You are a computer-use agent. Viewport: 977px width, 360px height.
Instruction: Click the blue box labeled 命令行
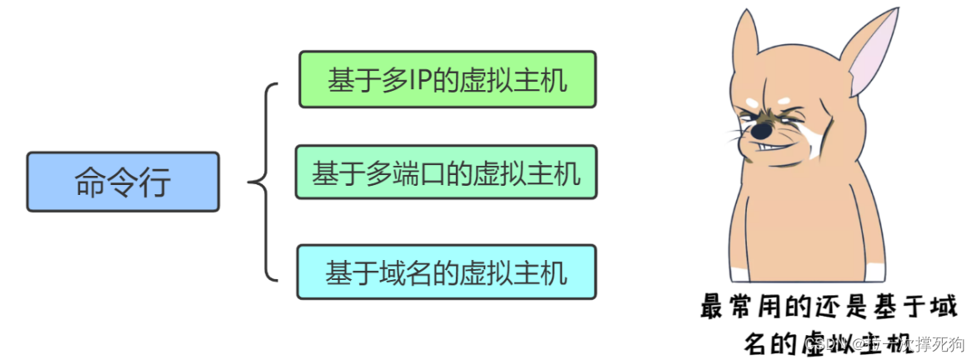tap(123, 182)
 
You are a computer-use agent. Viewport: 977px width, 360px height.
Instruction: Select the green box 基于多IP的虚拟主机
tap(447, 80)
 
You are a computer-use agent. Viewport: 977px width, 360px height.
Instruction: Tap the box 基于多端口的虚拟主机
tap(446, 172)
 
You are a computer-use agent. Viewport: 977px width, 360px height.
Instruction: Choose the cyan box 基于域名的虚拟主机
tap(446, 272)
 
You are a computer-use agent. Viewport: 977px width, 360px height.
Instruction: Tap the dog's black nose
tap(761, 132)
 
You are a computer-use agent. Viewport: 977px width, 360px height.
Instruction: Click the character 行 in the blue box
tap(155, 182)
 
